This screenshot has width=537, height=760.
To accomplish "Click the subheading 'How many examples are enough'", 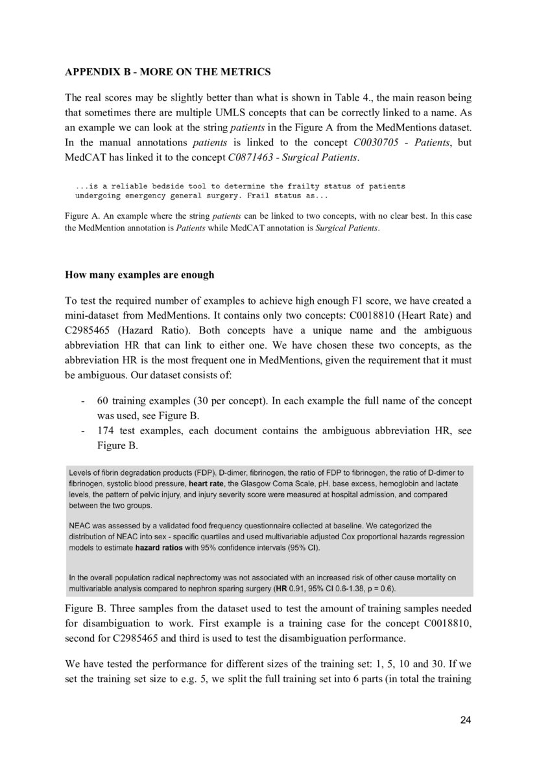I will coord(139,275).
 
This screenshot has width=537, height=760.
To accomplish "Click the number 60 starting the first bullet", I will coord(102,401).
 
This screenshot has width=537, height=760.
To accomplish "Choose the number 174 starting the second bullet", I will coord(105,431).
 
